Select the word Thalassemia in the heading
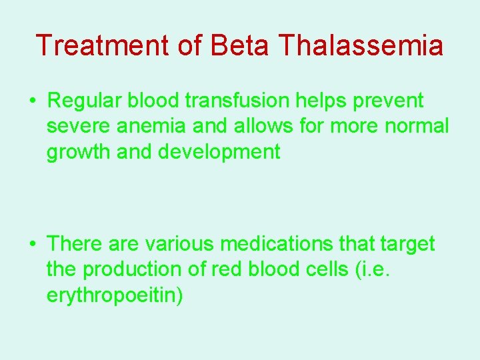361,45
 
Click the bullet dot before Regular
33,101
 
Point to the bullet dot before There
33,245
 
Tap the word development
219,153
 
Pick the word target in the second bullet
407,245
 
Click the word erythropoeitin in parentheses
111,295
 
